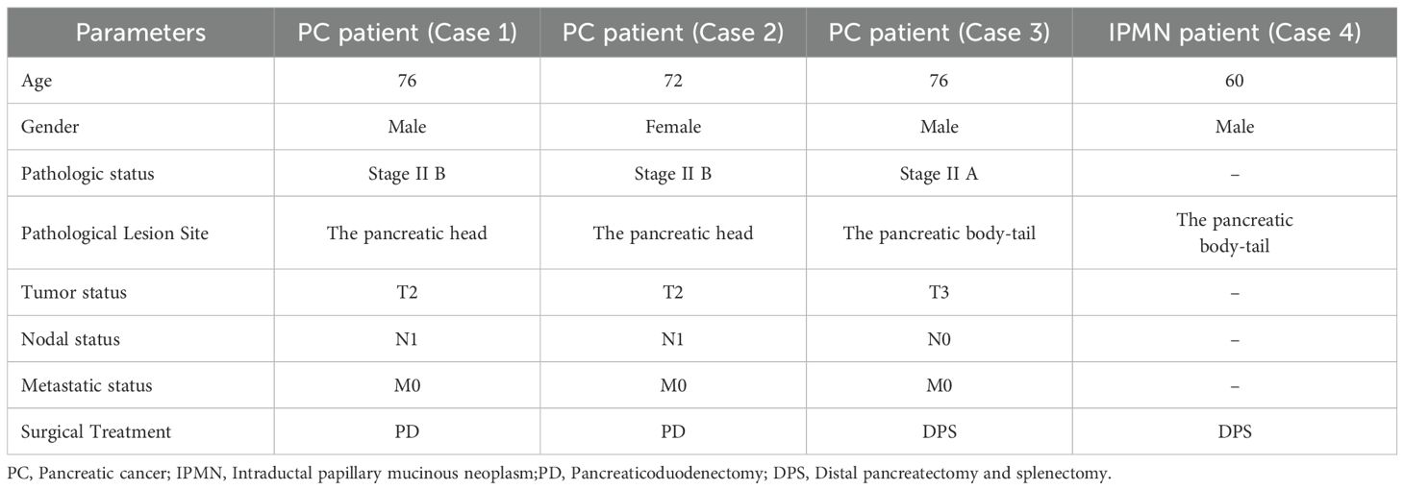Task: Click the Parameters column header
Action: [140, 33]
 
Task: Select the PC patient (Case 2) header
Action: [673, 33]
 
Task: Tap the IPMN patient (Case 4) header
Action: [1235, 33]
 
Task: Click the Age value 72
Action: [673, 81]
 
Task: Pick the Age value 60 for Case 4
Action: [1235, 81]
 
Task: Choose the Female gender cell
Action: [673, 127]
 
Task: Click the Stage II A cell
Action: [939, 174]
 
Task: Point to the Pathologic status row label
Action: [88, 174]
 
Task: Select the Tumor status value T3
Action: [939, 292]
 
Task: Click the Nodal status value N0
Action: [939, 339]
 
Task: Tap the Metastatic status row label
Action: [87, 385]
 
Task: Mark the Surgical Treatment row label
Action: [95, 431]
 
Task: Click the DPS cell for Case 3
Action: [939, 431]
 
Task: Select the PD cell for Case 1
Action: [408, 431]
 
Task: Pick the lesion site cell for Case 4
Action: [1235, 233]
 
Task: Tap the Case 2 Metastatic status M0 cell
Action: [673, 385]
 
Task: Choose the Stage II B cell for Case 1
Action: [408, 174]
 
